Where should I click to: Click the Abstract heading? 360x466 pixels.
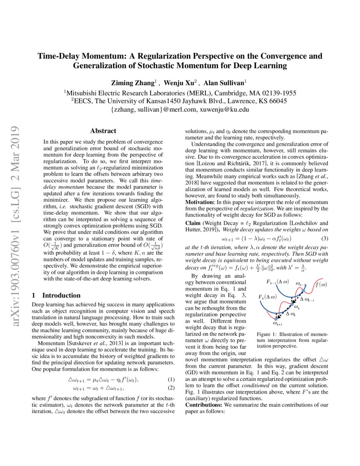[103, 131]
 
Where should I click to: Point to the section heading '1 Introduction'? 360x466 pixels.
[56, 295]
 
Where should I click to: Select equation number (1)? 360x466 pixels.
[172, 380]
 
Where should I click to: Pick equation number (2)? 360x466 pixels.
[172, 388]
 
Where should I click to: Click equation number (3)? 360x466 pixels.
[325, 239]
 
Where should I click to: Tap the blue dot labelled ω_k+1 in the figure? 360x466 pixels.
[276, 319]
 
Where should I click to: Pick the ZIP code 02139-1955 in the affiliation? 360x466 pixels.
[276, 93]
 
